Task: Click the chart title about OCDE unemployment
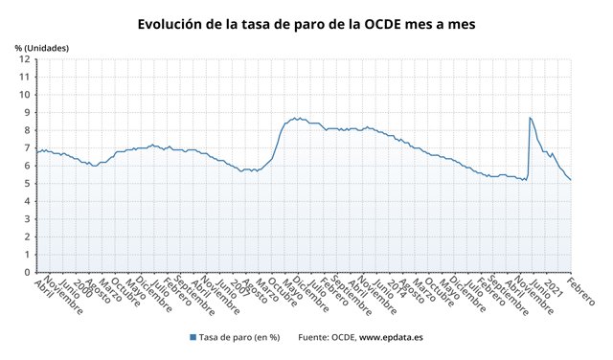[x=306, y=23]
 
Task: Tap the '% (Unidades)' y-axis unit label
[x=41, y=46]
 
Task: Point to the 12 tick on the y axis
[x=25, y=59]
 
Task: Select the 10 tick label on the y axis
[x=25, y=95]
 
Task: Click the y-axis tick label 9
[x=28, y=113]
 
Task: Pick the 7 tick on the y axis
[x=28, y=148]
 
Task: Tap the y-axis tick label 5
[x=28, y=184]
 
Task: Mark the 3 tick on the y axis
[x=28, y=219]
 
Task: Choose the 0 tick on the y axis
[x=28, y=273]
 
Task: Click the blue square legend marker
[x=193, y=337]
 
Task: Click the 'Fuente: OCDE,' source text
[x=327, y=337]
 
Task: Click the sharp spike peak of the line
[x=530, y=118]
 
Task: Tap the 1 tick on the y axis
[x=28, y=255]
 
